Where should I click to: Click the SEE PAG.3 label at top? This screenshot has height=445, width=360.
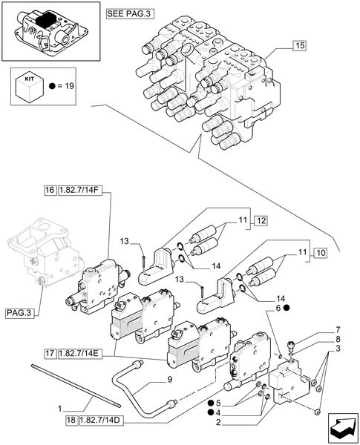[x=131, y=14]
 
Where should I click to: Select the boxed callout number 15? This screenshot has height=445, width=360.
[x=300, y=45]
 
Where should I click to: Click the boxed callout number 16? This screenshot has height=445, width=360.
[x=50, y=190]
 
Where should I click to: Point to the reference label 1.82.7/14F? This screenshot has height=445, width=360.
[x=79, y=190]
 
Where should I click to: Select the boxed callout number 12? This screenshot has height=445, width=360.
[x=261, y=220]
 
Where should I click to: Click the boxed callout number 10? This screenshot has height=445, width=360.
[x=320, y=253]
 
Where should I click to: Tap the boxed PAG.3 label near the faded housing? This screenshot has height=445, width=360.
[x=19, y=313]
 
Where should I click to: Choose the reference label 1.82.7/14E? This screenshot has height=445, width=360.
[x=80, y=354]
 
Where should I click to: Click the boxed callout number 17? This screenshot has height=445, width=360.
[x=50, y=354]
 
